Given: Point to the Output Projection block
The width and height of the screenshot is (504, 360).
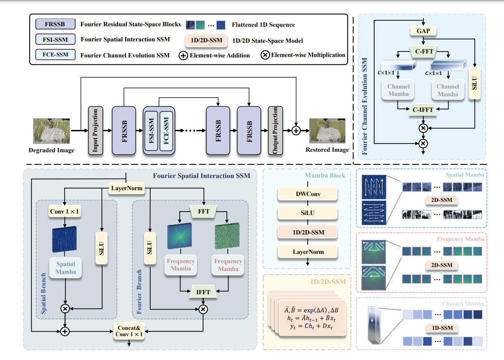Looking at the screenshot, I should [x=275, y=130].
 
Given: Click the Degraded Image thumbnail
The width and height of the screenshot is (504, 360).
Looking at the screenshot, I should [x=51, y=130].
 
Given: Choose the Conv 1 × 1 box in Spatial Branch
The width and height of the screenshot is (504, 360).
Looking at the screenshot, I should [x=65, y=212].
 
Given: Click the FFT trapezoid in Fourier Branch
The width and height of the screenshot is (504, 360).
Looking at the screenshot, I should [x=204, y=212].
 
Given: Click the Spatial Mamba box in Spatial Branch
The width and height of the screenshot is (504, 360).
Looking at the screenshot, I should [x=65, y=269].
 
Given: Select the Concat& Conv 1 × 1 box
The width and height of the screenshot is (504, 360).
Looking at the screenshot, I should [x=129, y=330].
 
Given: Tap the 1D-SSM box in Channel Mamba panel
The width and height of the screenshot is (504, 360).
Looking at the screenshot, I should [x=440, y=328].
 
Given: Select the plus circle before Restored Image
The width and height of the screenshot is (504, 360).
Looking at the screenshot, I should [x=295, y=130].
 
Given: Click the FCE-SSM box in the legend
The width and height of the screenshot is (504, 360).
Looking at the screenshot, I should [x=55, y=55].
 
